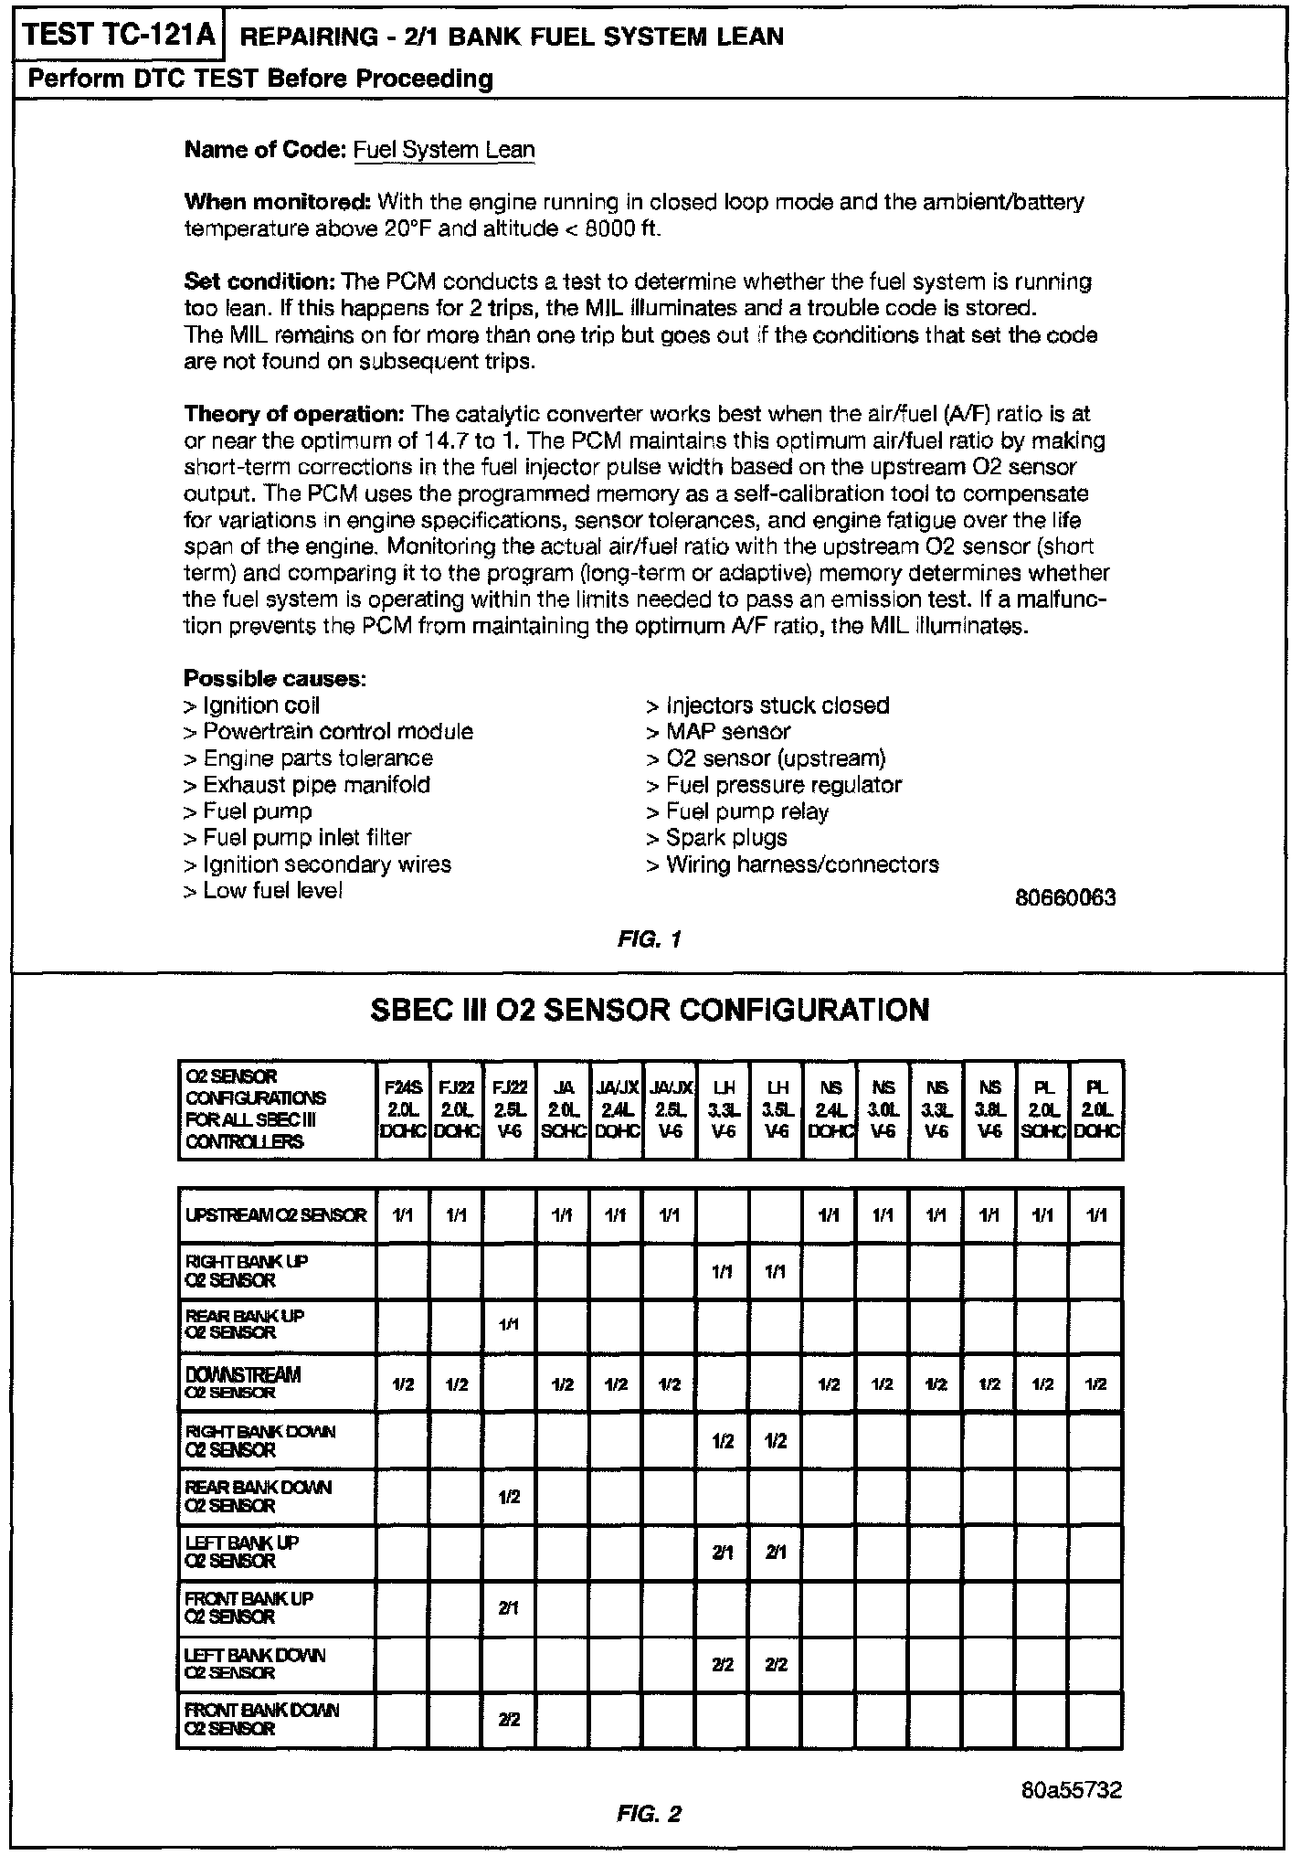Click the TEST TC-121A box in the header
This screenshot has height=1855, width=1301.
(120, 35)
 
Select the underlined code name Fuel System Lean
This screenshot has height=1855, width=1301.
(444, 150)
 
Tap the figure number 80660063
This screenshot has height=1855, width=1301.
(1065, 897)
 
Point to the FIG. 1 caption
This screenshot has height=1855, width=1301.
(650, 938)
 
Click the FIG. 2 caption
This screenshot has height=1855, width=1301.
(650, 1813)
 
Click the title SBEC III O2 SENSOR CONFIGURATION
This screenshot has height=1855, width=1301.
(650, 1010)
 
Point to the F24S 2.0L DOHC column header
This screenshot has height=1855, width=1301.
(403, 1109)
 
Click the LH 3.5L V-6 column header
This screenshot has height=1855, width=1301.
(776, 1109)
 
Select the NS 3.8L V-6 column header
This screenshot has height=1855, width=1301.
(989, 1109)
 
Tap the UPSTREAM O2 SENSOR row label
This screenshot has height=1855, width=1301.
(276, 1215)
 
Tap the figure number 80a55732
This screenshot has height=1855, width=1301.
(1072, 1789)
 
